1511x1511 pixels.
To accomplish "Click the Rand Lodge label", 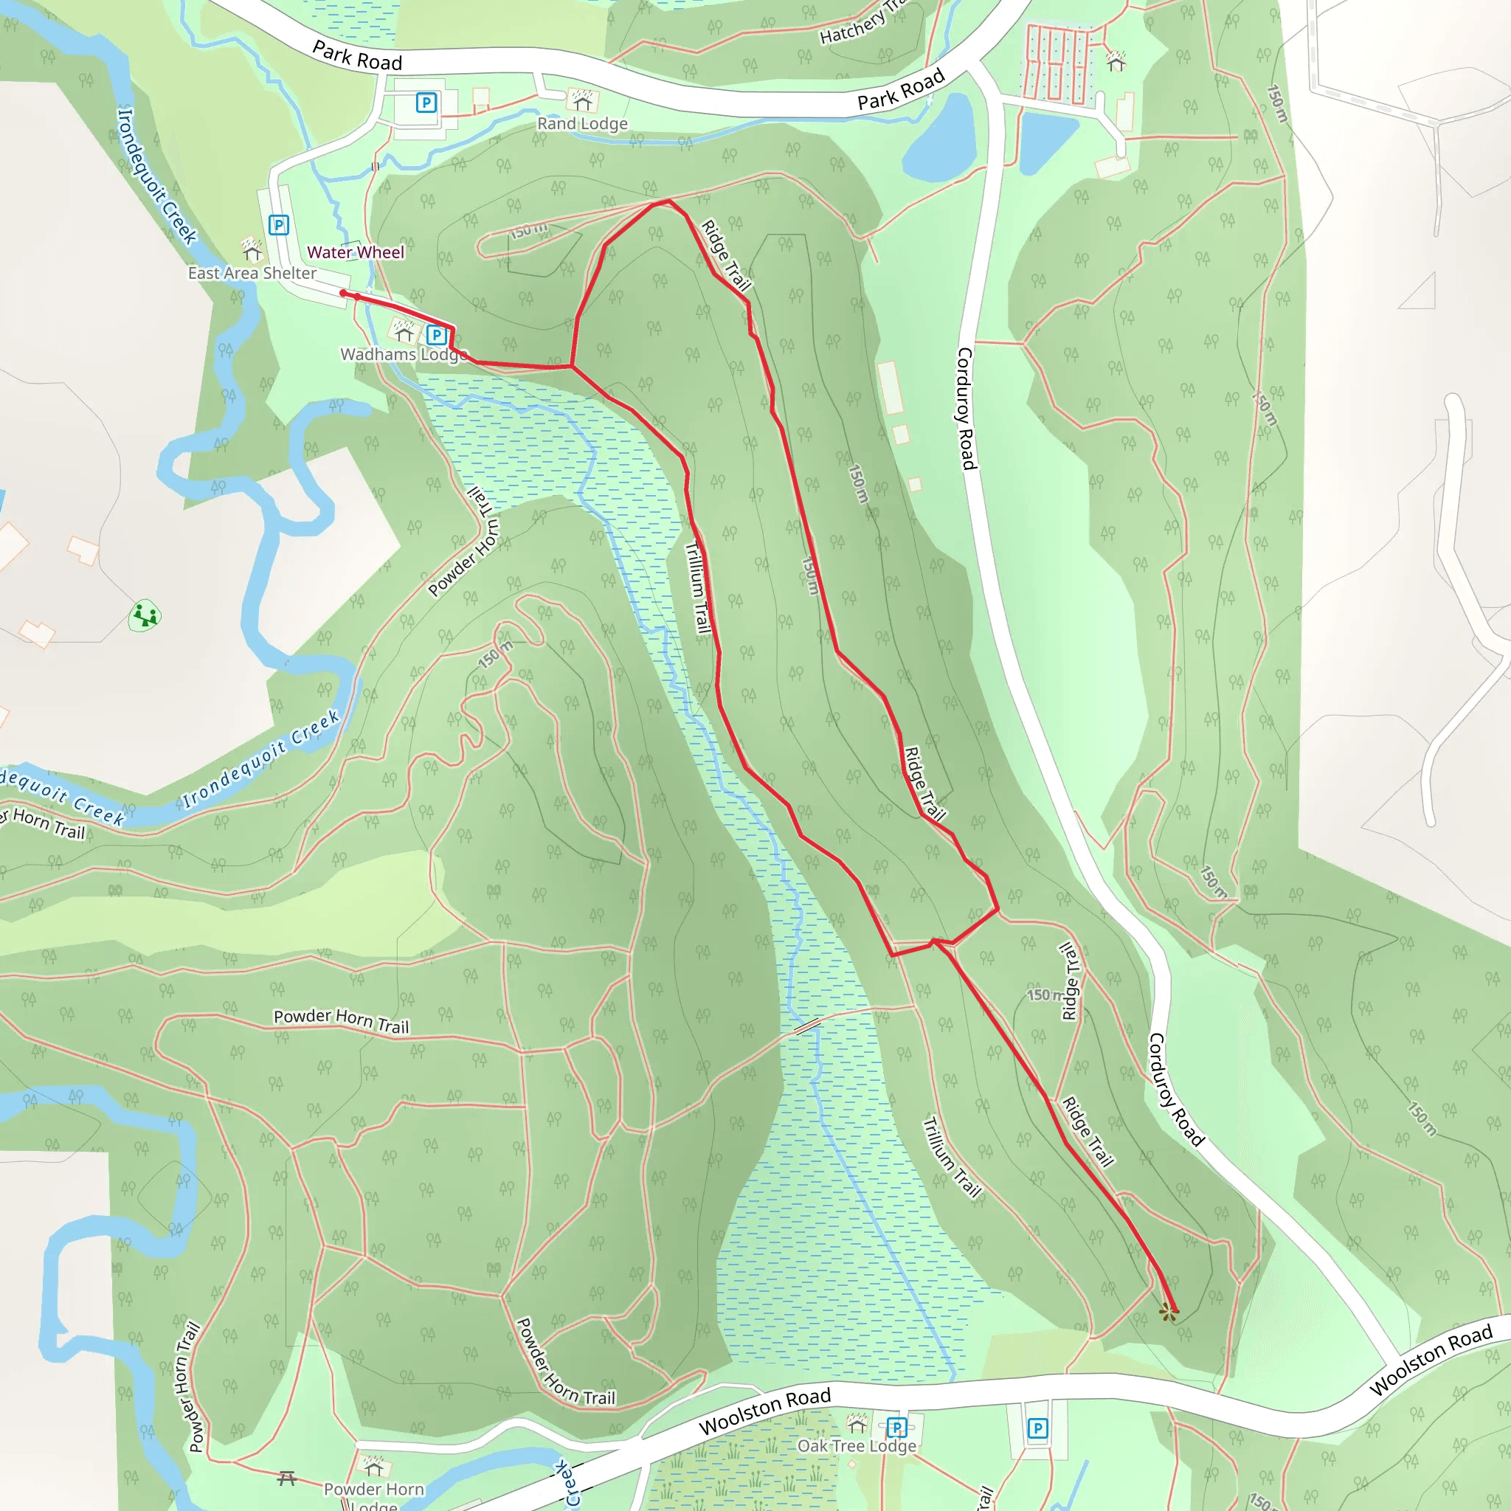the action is tap(582, 123).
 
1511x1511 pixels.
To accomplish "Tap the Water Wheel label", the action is tap(355, 252).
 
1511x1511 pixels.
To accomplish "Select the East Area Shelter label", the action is tap(252, 273).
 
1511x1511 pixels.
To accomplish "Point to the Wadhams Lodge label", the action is tap(404, 354).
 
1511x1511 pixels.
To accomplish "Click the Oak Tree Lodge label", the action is tap(857, 1446).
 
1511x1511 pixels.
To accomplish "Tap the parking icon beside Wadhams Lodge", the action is tap(437, 336).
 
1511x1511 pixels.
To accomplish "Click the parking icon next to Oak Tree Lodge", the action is tap(896, 1428).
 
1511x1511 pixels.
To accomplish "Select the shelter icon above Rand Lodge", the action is tap(582, 100).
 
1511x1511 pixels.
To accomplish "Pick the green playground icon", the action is tap(145, 615).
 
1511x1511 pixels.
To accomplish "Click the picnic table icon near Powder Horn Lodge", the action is tap(287, 1477).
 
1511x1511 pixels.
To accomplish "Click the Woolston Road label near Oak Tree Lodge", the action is tap(764, 1411).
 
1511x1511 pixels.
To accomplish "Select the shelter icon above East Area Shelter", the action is tap(252, 249).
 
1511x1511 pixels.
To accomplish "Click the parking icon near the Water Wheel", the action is tap(278, 225).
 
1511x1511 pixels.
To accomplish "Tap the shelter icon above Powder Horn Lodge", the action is tap(374, 1464).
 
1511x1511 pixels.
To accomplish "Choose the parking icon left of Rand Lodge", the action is tap(426, 103).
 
